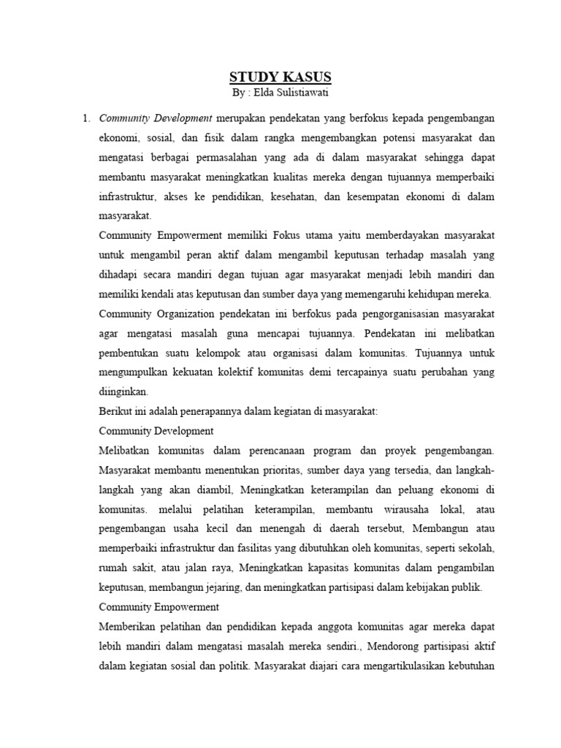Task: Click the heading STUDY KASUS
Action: click(280, 77)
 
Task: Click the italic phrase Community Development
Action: click(155, 118)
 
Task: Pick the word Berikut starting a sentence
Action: click(116, 411)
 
